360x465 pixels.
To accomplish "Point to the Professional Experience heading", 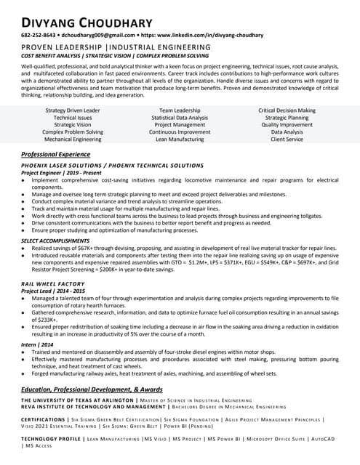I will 55,155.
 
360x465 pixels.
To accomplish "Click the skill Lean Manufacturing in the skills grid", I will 180,139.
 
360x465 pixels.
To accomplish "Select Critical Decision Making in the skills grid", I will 287,110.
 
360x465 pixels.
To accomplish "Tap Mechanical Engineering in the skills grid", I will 73,139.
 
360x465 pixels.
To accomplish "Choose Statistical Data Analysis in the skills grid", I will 180,118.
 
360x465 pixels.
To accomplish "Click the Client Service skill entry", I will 287,139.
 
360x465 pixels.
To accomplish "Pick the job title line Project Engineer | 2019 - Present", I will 61,173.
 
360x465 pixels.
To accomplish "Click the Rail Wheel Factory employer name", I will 53,283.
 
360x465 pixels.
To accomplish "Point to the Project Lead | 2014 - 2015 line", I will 53,291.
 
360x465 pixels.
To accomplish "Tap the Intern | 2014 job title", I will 37,344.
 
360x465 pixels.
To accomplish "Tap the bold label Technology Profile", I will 50,439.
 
